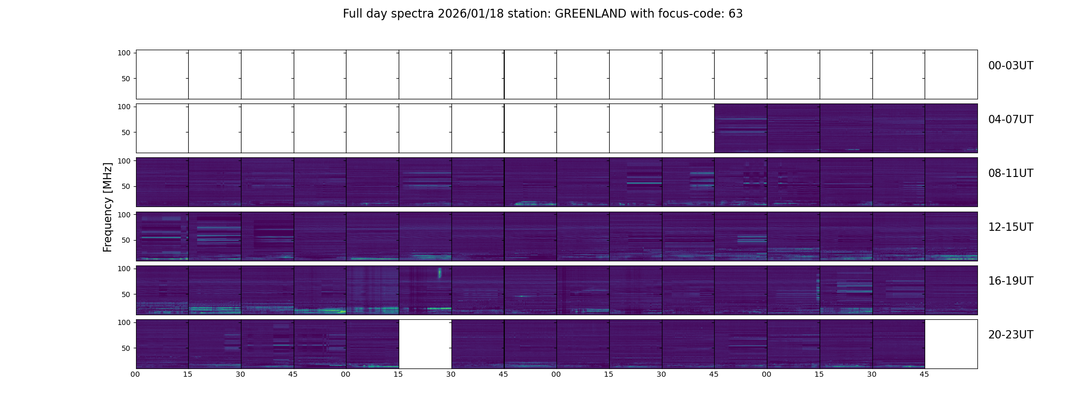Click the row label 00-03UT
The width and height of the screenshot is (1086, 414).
[x=1010, y=66]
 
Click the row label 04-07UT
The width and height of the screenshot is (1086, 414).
[x=1010, y=120]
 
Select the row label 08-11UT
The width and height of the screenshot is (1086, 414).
[x=1010, y=173]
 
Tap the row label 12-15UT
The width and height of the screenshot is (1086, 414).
[x=1010, y=227]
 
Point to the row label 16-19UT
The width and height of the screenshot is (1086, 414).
[x=1010, y=281]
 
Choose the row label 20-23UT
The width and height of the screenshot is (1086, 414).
[x=1010, y=335]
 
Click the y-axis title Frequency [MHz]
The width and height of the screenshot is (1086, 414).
[x=108, y=207]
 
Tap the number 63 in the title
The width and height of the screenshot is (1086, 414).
[x=735, y=14]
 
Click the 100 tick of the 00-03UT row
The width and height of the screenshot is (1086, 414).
[x=124, y=53]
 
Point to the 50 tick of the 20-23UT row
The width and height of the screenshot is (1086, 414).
[x=126, y=348]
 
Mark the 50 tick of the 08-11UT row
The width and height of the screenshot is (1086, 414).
[x=126, y=186]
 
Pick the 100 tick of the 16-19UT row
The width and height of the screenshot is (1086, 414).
[x=124, y=269]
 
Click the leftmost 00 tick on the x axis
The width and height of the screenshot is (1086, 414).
[x=135, y=374]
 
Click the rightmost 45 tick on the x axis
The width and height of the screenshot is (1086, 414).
[x=924, y=374]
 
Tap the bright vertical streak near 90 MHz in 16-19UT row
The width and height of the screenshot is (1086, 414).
[x=440, y=273]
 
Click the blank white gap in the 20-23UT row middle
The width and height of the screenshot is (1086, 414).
[x=425, y=344]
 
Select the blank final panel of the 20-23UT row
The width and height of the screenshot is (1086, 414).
[x=951, y=344]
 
